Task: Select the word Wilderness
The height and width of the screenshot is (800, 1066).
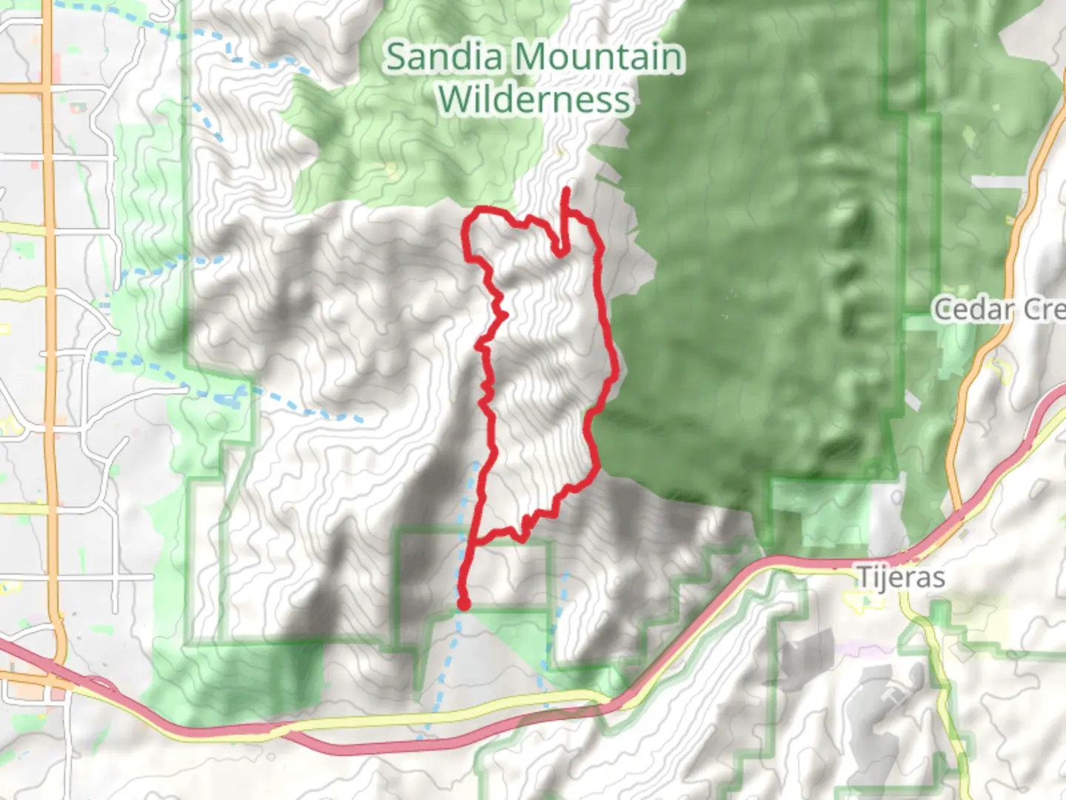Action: (x=534, y=99)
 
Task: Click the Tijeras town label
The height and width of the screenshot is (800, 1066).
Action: (x=901, y=577)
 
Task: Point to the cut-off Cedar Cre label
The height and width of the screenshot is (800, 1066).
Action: (x=999, y=309)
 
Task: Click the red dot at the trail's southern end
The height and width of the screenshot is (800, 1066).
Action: (x=463, y=604)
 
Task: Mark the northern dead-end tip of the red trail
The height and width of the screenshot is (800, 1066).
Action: (x=566, y=190)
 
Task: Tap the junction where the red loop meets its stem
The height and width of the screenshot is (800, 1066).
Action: (x=472, y=543)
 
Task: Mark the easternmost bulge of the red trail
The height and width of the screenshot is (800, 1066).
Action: (x=614, y=367)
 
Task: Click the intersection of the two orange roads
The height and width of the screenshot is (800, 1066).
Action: (x=47, y=88)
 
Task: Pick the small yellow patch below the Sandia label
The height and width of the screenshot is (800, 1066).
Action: (x=390, y=170)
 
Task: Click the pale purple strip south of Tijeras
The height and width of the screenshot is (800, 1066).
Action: (x=851, y=647)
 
